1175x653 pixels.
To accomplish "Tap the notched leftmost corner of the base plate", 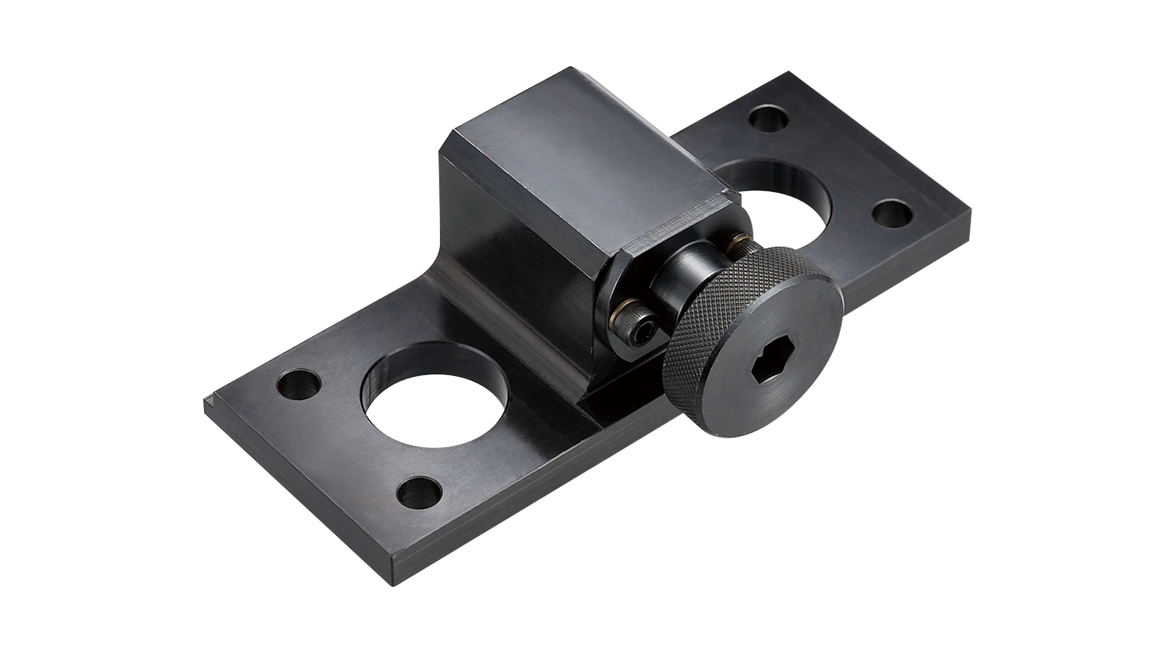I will click(x=208, y=400).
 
